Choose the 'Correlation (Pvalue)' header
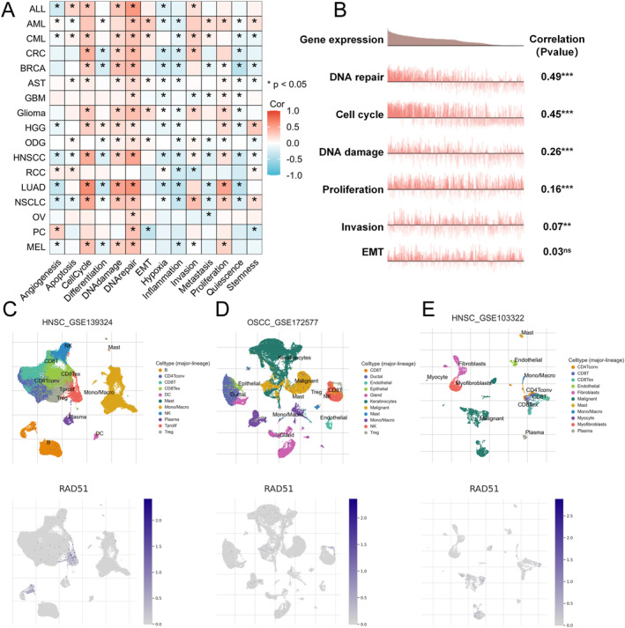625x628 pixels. pos(563,48)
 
